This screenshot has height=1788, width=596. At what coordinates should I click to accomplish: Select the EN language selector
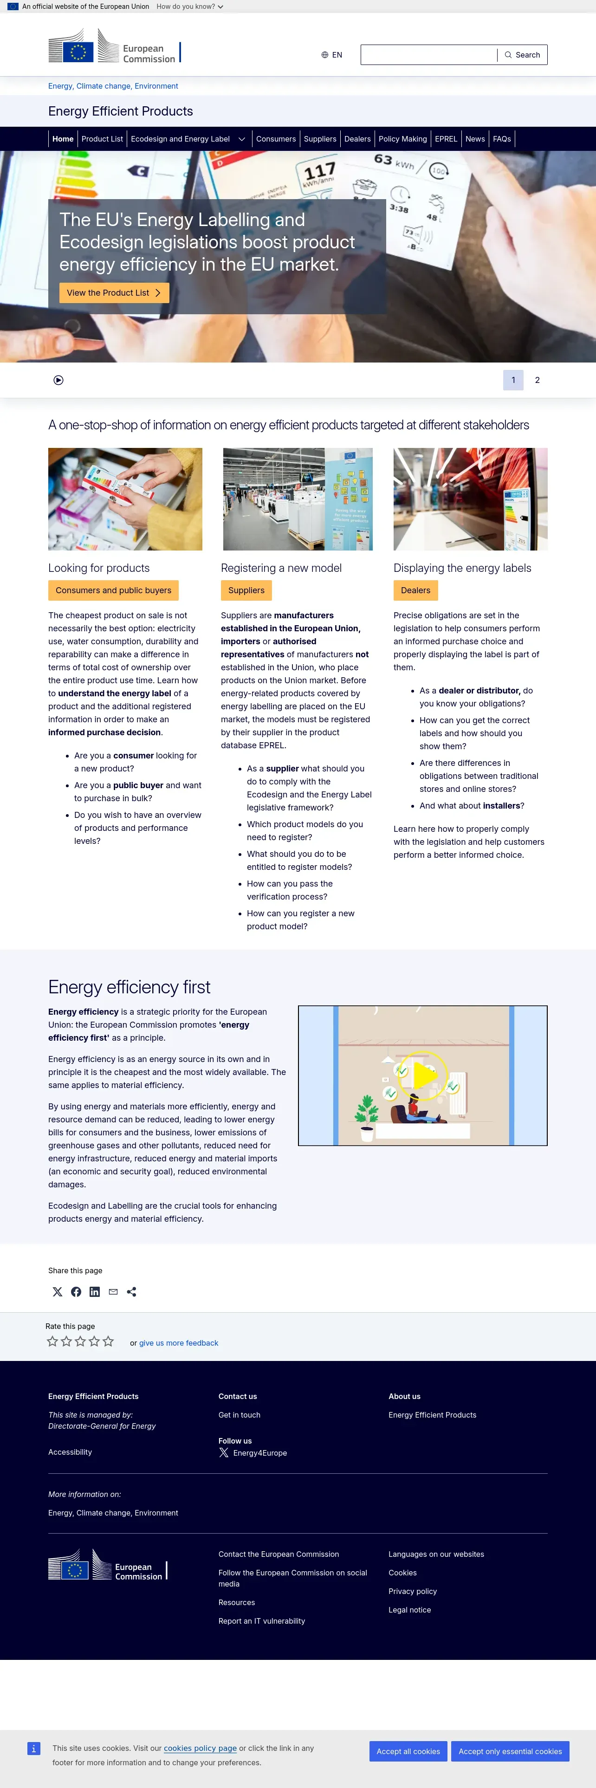click(x=331, y=55)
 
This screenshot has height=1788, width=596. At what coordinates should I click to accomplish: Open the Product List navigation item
click(x=102, y=139)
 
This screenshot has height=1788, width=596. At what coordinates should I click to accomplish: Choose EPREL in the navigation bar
click(x=446, y=139)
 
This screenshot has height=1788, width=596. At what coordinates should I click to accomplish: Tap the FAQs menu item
click(x=502, y=139)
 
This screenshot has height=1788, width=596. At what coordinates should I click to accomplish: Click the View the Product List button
click(x=114, y=293)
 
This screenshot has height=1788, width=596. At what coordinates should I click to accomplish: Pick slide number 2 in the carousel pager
click(x=537, y=380)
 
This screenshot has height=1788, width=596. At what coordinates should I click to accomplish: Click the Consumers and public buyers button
click(x=113, y=591)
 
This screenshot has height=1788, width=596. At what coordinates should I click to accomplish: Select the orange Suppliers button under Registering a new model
click(x=246, y=591)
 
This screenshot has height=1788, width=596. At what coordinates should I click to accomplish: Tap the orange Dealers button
click(x=415, y=591)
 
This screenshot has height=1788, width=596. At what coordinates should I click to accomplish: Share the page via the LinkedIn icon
click(x=94, y=1292)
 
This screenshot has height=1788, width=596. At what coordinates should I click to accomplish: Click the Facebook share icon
click(x=76, y=1292)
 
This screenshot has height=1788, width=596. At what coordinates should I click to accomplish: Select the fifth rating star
click(x=108, y=1341)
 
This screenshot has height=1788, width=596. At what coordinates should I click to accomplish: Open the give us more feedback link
click(x=178, y=1343)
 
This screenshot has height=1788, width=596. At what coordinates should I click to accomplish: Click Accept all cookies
click(x=408, y=1751)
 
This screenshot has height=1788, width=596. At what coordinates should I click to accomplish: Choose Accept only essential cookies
click(x=510, y=1751)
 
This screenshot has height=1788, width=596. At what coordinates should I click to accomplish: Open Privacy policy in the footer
click(x=412, y=1592)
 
